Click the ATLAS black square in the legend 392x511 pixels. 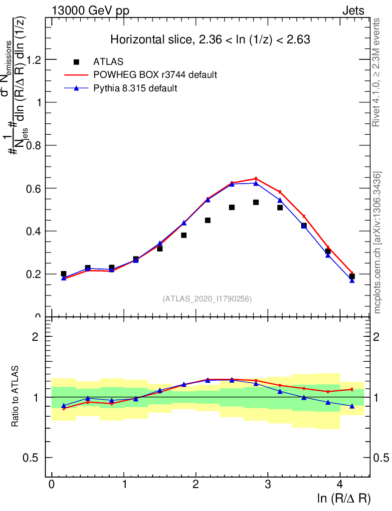tap(76, 62)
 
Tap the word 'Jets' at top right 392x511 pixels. tap(353, 11)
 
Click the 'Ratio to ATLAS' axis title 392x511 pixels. tap(16, 397)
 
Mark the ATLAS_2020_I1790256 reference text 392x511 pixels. tap(207, 298)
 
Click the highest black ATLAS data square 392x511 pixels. tap(256, 202)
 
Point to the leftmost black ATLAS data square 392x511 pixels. tap(63, 273)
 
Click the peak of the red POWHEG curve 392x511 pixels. tap(256, 178)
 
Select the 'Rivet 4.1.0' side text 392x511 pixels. tap(377, 72)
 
